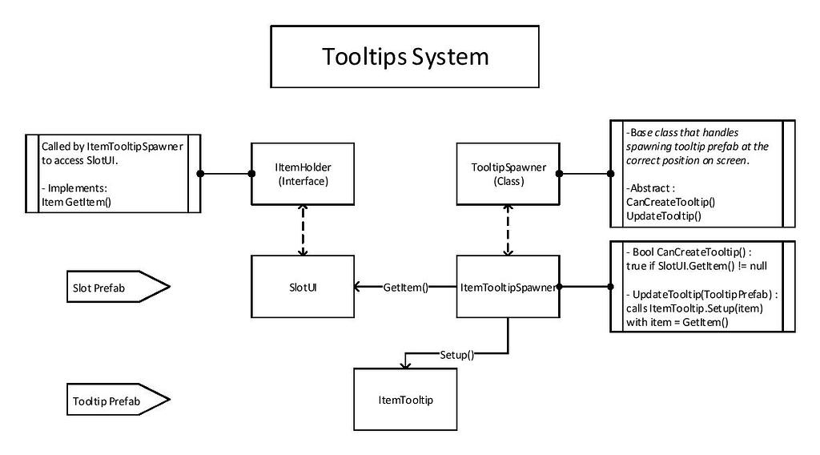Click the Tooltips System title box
coord(404,57)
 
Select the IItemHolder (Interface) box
coord(303,174)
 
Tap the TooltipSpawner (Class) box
coord(507,174)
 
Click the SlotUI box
coord(303,286)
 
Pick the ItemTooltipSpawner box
coord(507,286)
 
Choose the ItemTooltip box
coord(405,399)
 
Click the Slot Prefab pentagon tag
coord(115,286)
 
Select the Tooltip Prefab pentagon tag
coord(115,399)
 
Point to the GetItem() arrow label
coord(406,286)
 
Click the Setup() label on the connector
coord(456,353)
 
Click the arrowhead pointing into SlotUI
coord(360,286)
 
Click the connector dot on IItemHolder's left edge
coord(201,173)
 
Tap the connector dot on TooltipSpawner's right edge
coord(559,173)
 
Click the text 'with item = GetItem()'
coord(677,322)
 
